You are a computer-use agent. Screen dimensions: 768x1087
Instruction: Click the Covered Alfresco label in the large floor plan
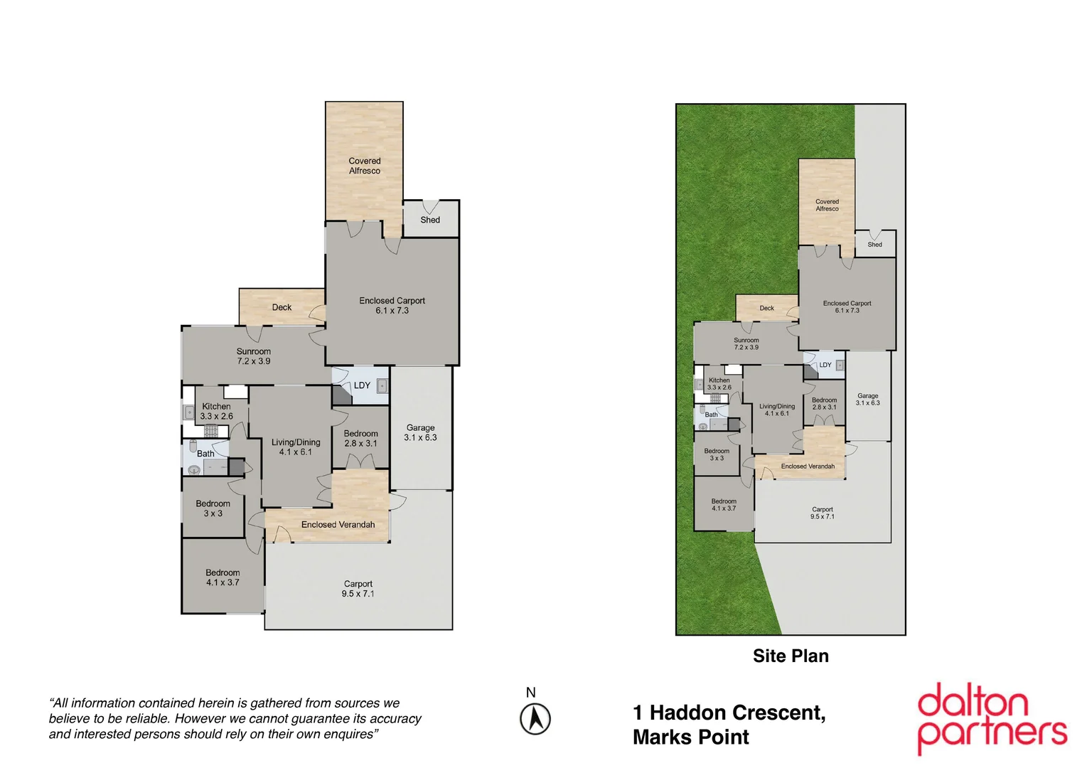point(364,166)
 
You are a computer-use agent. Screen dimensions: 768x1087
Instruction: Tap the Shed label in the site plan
point(874,245)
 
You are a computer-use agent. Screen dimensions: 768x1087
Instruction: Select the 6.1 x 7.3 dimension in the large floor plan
point(392,311)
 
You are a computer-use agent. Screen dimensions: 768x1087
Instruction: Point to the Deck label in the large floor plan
point(282,307)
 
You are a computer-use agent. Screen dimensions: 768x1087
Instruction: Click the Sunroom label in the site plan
point(746,341)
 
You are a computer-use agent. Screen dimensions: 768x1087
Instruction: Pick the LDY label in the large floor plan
point(362,385)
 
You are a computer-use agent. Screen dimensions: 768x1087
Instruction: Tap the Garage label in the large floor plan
point(420,427)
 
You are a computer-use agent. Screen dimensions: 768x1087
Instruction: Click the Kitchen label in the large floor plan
point(216,407)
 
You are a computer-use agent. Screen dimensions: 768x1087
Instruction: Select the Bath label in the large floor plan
point(205,454)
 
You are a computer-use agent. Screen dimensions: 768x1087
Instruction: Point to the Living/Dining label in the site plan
point(776,407)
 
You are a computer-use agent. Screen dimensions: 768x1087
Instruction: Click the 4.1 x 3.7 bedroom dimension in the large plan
point(223,582)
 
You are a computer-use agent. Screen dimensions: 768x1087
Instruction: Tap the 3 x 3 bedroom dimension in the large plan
point(213,513)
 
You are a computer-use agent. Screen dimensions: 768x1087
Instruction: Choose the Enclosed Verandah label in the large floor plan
point(338,525)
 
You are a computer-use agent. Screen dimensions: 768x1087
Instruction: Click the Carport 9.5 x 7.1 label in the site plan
point(822,513)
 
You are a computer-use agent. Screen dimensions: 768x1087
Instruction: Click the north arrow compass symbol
point(535,718)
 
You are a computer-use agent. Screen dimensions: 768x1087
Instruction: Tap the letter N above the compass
point(530,693)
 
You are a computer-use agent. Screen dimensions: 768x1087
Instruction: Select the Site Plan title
point(791,656)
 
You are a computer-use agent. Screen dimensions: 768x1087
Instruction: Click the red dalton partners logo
point(991,718)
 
